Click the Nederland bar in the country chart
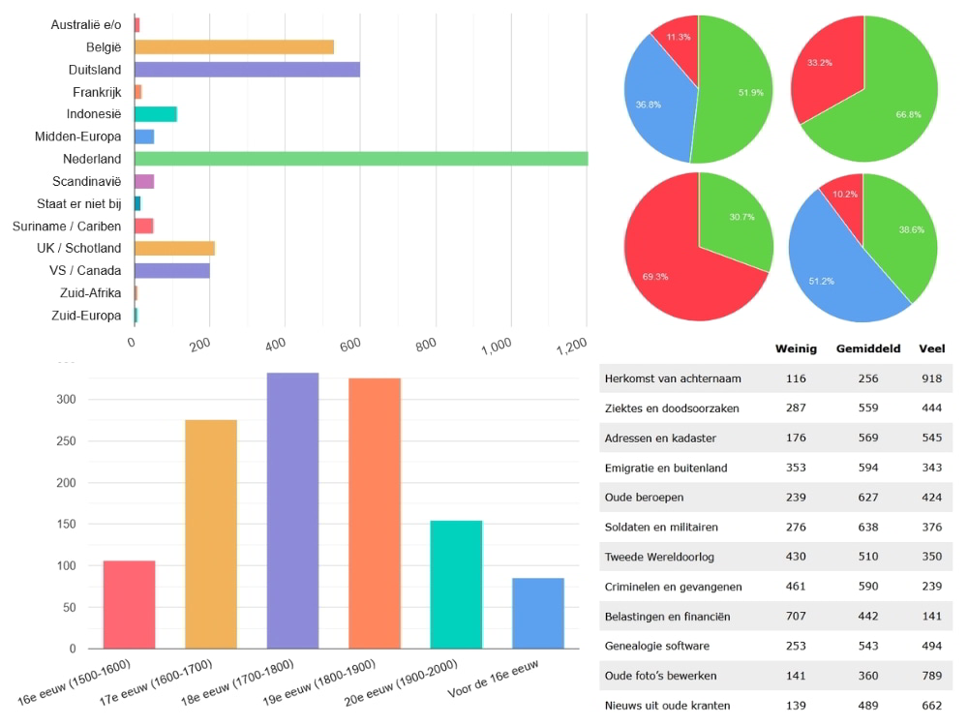pos(360,159)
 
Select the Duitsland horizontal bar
pos(247,70)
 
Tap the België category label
pos(103,47)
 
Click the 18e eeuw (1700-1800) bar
pos(292,510)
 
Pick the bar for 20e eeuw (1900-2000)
pos(456,584)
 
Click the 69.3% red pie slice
pos(678,266)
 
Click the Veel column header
pos(932,348)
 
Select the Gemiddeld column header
pos(868,348)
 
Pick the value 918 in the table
pos(932,378)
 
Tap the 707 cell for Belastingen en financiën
pos(796,617)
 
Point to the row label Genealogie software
pos(655,646)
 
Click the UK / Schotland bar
pos(174,248)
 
